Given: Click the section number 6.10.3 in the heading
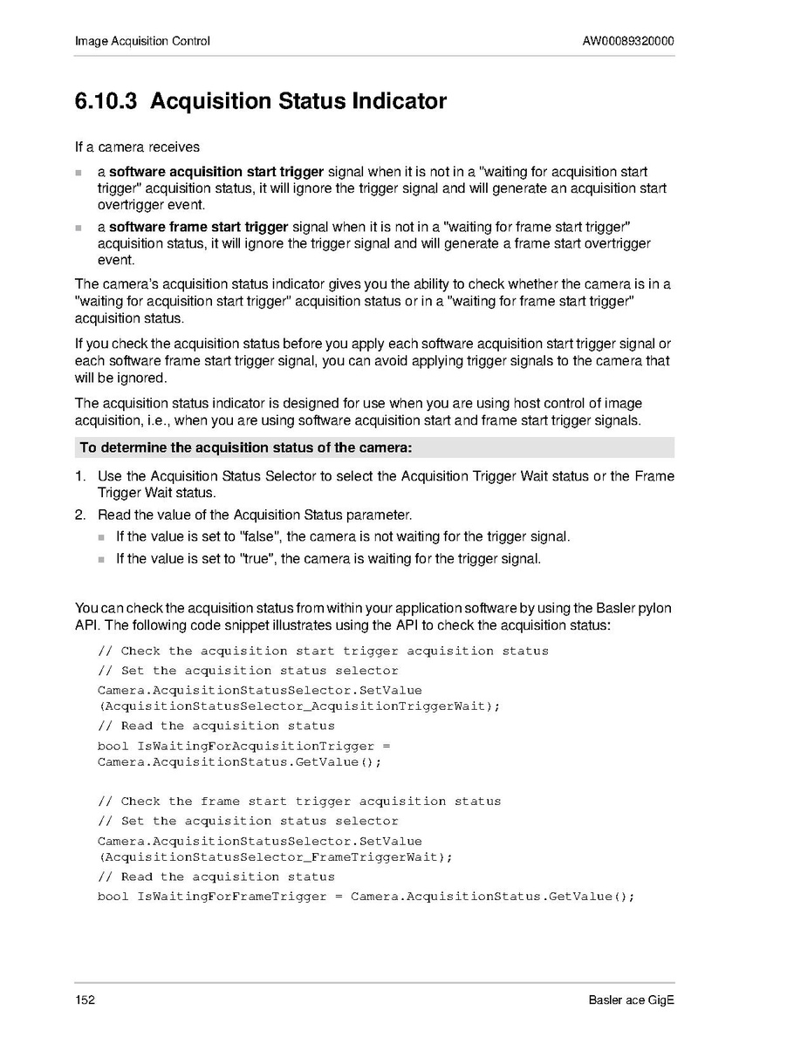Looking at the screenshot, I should point(106,102).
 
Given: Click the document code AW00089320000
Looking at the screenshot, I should point(628,41).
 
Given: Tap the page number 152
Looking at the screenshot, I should point(85,1000).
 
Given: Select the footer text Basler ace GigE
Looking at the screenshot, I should point(631,1000).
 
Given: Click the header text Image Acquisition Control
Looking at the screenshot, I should point(142,41).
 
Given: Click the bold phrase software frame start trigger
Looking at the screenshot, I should point(198,228).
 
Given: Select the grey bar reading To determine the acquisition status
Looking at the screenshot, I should point(374,448).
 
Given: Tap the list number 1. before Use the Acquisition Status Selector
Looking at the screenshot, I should point(80,476).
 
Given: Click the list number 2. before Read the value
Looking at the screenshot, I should point(80,515).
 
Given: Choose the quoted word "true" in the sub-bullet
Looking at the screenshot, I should point(256,558).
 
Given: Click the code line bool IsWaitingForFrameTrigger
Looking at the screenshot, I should point(366,897).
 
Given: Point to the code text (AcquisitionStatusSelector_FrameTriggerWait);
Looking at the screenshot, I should point(275,856).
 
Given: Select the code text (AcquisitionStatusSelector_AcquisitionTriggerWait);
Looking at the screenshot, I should point(299,706).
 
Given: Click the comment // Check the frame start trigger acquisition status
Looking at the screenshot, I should point(299,801).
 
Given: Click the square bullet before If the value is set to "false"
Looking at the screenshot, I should point(101,537).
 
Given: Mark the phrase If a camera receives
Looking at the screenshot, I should point(137,147).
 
